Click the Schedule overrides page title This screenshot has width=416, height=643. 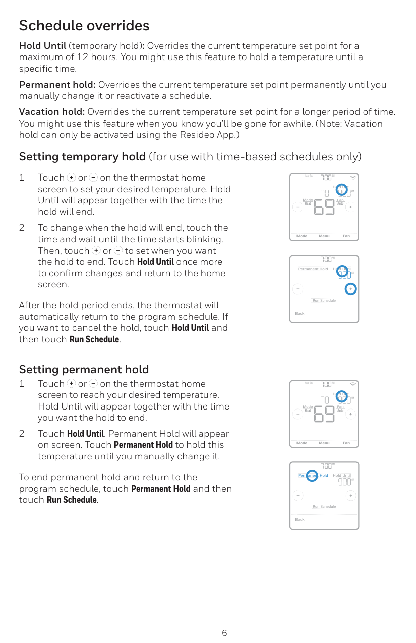[84, 26]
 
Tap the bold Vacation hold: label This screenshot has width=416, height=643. [51, 112]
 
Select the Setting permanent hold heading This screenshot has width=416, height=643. [84, 370]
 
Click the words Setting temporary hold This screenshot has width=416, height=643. [82, 157]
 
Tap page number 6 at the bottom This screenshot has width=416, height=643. [224, 633]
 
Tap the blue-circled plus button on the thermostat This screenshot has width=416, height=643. [351, 289]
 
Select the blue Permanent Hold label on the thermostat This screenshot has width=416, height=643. [313, 475]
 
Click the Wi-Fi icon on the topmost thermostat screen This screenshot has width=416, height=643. [353, 177]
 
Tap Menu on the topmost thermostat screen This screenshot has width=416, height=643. [324, 236]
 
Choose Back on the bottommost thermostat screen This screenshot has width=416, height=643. [300, 519]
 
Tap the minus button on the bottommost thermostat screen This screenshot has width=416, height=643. [298, 495]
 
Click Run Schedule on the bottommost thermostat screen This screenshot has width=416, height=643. [324, 506]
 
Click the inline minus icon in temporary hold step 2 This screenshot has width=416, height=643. [117, 251]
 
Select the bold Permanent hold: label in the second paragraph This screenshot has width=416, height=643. [57, 85]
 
